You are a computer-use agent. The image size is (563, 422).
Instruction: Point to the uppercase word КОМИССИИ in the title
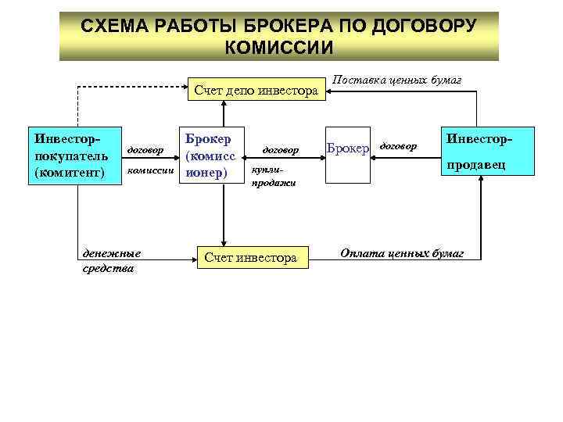(x=279, y=48)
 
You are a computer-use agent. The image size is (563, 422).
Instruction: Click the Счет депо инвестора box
(x=256, y=91)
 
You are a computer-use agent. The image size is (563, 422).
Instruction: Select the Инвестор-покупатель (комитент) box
(x=76, y=156)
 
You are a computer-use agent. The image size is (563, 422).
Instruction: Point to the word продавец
(x=476, y=165)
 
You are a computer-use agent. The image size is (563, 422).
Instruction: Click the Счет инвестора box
(x=250, y=257)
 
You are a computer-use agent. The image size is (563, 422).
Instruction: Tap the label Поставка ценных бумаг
(x=397, y=80)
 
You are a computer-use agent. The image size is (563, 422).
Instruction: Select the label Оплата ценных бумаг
(x=401, y=253)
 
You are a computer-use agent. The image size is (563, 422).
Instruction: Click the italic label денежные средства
(x=111, y=260)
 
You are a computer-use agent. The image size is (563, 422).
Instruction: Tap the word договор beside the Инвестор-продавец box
(x=400, y=145)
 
